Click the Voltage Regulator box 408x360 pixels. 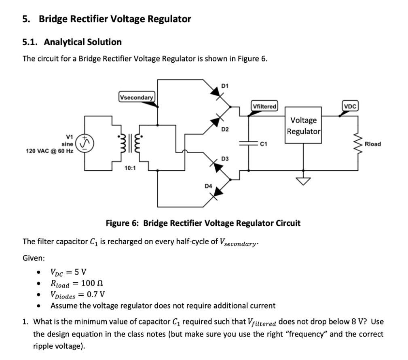304,125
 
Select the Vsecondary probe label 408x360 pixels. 137,97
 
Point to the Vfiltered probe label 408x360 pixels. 264,106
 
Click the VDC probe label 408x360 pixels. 350,106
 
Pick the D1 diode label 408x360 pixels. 225,86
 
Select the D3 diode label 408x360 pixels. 225,159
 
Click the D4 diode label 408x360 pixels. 208,186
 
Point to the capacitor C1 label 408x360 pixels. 264,144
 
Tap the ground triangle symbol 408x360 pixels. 303,181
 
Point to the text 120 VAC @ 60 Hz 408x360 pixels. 50,151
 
